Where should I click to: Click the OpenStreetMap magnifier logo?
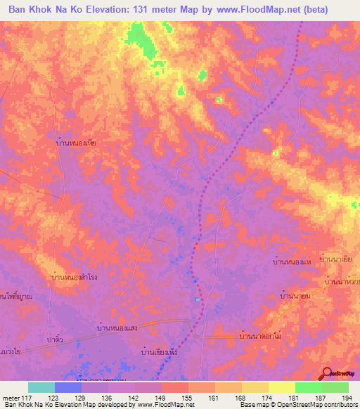pos(326,375)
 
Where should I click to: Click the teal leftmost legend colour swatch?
pos(41,387)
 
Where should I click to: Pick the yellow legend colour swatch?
pos(281,387)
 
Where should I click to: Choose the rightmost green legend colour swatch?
pos(335,387)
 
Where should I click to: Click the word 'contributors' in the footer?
pos(336,404)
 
